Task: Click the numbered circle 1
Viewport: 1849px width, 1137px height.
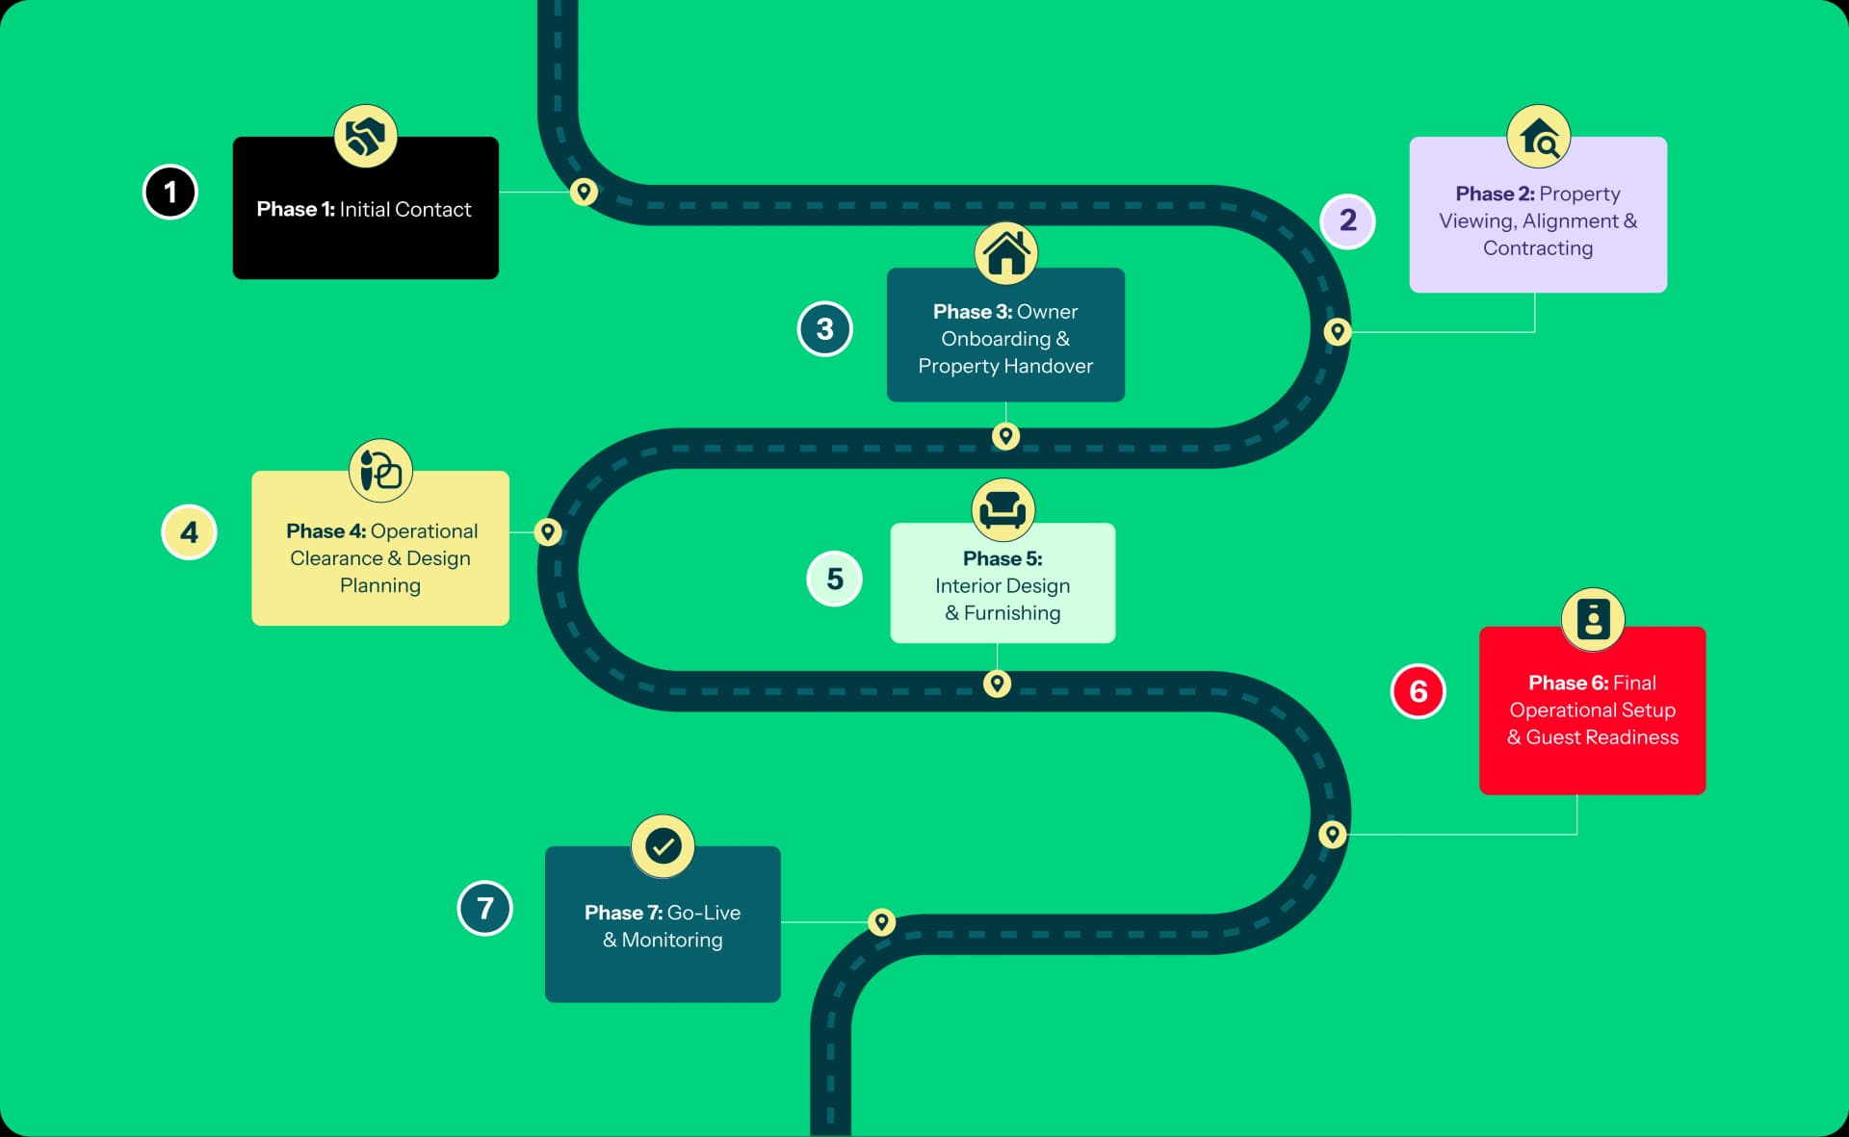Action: (x=170, y=192)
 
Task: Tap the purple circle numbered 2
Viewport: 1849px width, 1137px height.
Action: (x=1347, y=220)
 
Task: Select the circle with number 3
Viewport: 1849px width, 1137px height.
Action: (x=824, y=329)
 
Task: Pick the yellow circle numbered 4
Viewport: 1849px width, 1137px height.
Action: (x=189, y=532)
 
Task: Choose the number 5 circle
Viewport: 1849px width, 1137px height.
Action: (x=834, y=579)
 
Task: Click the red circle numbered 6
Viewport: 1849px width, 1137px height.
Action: (x=1418, y=691)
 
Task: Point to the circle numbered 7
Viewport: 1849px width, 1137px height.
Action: (x=484, y=908)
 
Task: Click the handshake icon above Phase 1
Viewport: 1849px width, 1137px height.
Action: (x=366, y=136)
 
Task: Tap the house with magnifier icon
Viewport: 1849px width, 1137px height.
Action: (x=1539, y=137)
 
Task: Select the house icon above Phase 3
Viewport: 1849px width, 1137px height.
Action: (x=1006, y=252)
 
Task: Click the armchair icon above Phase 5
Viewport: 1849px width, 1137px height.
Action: (x=1003, y=508)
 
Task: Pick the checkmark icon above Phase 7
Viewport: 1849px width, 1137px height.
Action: (x=663, y=846)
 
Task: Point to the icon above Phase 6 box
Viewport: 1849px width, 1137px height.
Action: (x=1593, y=619)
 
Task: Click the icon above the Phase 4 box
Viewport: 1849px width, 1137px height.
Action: (x=380, y=471)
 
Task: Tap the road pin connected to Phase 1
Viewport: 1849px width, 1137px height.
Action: (x=584, y=192)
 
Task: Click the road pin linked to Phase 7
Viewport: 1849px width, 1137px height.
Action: (x=881, y=921)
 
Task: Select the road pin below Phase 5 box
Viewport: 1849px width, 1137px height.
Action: (x=997, y=684)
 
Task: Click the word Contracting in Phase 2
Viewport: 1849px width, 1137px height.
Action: (x=1538, y=248)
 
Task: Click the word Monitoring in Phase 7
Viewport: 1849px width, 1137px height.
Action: (x=672, y=940)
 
